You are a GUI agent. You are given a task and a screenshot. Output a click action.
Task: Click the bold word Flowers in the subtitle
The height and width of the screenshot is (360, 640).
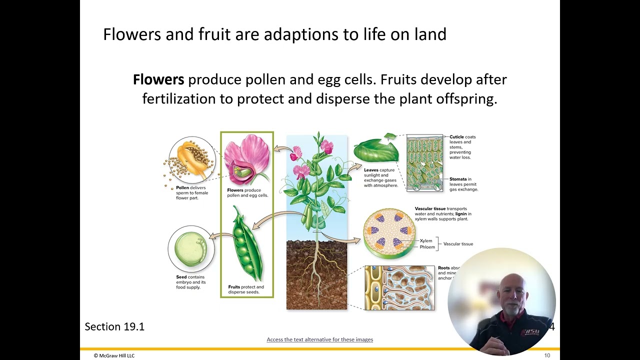point(158,80)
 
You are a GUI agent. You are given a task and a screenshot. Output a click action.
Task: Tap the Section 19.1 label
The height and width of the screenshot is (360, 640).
point(114,327)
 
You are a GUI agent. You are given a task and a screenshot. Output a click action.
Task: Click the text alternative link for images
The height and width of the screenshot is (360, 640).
point(319,339)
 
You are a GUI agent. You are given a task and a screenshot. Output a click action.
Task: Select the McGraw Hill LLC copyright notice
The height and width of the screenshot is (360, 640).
point(114,355)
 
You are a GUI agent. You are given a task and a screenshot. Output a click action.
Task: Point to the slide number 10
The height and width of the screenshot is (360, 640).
point(547,355)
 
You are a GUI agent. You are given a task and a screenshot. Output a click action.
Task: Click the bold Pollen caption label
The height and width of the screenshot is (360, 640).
point(182,188)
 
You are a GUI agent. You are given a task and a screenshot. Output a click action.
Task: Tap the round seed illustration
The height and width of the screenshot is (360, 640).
point(190,248)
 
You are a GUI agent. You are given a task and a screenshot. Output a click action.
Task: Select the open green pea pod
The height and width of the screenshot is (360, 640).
point(246,244)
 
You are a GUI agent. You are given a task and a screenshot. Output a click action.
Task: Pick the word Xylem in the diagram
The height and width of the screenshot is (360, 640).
point(425,241)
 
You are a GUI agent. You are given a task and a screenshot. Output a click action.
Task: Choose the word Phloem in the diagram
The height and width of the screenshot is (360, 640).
point(427,247)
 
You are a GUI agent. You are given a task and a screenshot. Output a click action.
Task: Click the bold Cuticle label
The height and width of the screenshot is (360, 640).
point(456,137)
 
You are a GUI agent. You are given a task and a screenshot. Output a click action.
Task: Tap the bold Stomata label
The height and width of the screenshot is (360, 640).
point(457,179)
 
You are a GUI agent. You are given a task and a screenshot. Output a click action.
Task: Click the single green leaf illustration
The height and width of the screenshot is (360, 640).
point(375,151)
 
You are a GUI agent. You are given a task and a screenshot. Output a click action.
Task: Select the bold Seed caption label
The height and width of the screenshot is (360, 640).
point(181,277)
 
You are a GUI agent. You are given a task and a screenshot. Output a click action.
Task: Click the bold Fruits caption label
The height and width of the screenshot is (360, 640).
point(234,287)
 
